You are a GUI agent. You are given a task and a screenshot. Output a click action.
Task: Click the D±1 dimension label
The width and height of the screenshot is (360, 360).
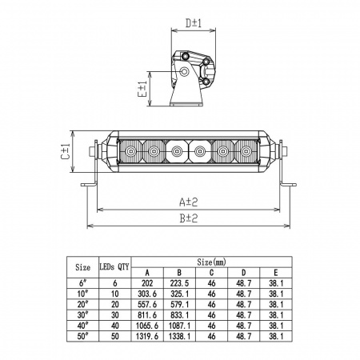point(194,23)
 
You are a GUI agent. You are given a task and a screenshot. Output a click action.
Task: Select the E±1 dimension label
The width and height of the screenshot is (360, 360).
point(142,89)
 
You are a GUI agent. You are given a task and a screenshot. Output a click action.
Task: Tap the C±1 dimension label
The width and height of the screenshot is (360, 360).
point(66,152)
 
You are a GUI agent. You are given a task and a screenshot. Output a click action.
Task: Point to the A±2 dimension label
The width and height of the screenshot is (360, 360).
point(189,202)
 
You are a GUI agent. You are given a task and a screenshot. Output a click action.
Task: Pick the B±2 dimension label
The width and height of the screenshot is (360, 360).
point(189,218)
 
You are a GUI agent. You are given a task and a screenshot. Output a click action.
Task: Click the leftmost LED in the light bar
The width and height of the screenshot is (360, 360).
point(130,151)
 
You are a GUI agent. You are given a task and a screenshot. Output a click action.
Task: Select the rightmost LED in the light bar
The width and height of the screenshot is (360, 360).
point(246,151)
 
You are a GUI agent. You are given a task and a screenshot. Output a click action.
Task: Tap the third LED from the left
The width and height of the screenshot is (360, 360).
point(176,151)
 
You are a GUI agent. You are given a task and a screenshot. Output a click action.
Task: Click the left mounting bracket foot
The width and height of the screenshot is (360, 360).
point(89,185)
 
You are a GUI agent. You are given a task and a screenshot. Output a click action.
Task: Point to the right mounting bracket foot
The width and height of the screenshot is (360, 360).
point(288,185)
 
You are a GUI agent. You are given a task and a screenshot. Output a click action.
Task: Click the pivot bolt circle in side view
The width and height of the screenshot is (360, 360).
point(184,71)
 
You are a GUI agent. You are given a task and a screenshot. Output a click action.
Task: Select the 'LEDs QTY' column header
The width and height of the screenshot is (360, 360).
point(114,266)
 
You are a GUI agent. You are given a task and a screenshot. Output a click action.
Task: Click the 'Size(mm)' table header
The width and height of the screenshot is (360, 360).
point(211,262)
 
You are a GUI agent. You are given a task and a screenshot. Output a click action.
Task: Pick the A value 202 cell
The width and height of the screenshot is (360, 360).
point(147,283)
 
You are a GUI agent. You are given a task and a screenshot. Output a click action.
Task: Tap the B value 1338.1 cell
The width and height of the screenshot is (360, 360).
point(179,336)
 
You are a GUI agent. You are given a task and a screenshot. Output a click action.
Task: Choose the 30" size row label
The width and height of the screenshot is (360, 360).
point(82,315)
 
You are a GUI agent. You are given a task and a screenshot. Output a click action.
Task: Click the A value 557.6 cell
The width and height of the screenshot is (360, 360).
point(147,304)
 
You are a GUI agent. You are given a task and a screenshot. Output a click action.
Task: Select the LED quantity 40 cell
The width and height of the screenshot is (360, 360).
point(114,326)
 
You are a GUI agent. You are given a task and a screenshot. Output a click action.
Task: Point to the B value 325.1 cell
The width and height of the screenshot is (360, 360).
point(179,294)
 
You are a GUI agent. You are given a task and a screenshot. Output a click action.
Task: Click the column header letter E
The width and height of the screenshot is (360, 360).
point(276,273)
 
